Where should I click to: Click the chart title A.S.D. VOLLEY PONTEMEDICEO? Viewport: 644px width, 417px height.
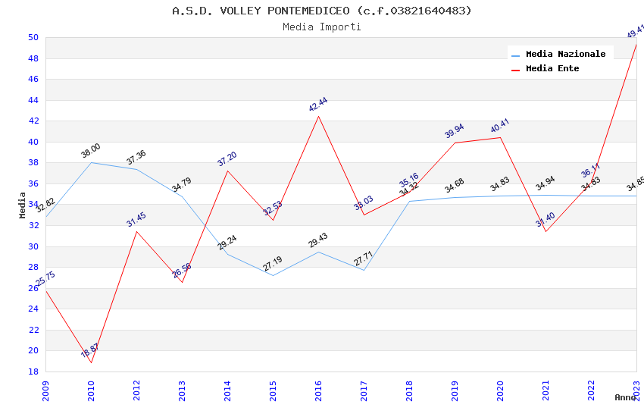tap(321, 11)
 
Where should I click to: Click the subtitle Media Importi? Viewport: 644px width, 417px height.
tap(321, 27)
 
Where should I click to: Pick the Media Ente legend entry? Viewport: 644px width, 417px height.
tap(552, 68)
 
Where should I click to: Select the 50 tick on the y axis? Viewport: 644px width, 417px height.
tap(33, 37)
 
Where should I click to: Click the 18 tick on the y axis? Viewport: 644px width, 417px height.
tap(33, 372)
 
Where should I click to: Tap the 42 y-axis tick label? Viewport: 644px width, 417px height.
tap(33, 121)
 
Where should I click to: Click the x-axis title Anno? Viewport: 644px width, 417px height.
tap(625, 397)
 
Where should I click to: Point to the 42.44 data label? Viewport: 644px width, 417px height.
tap(318, 105)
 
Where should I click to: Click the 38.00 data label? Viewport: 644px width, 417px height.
tap(91, 151)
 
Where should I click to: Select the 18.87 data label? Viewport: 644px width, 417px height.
tap(90, 350)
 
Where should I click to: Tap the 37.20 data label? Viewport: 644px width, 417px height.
tap(227, 158)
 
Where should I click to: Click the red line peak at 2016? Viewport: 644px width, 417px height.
tap(319, 116)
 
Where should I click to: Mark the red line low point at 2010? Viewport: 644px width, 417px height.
tap(91, 362)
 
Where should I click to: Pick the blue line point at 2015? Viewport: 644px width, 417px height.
tap(273, 275)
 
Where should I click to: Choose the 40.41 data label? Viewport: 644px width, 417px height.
tap(500, 126)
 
